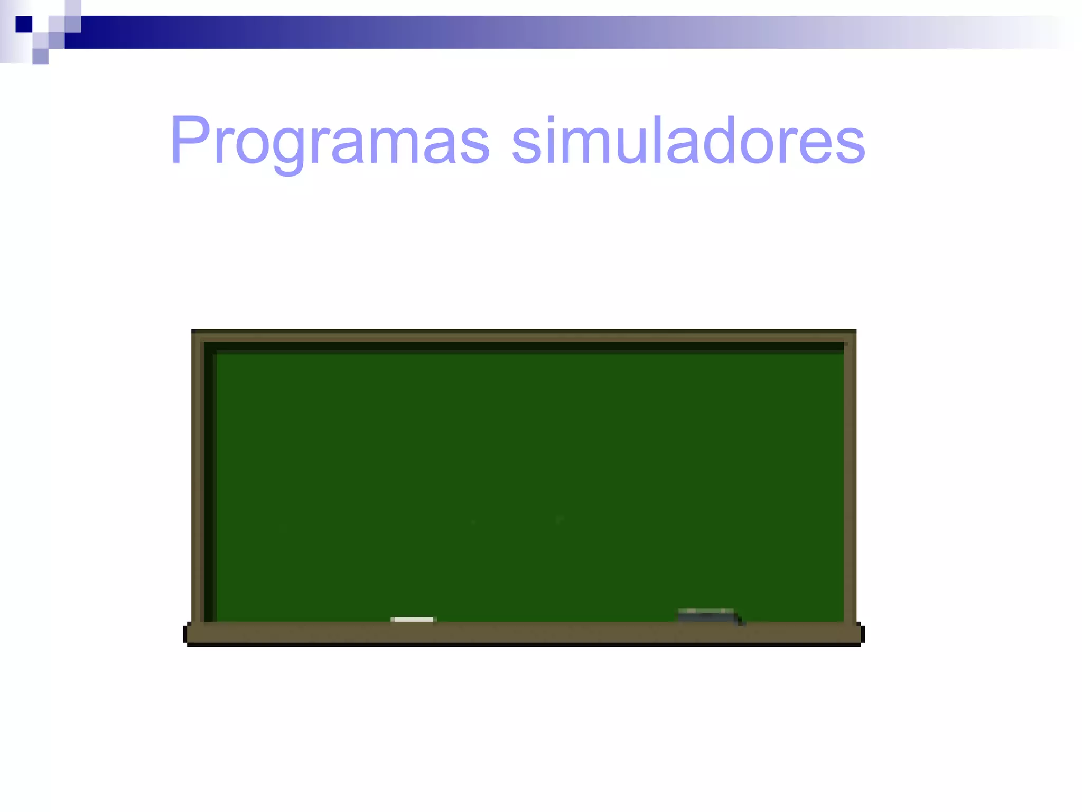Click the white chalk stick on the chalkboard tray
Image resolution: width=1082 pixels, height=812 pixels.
[413, 620]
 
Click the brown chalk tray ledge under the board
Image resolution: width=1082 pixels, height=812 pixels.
[523, 633]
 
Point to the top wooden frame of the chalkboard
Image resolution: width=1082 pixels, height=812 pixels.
[523, 335]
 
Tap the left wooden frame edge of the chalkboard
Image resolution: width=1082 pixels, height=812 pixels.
[198, 476]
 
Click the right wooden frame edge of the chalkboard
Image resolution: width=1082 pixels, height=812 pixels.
[850, 476]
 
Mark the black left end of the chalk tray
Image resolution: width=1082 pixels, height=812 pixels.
[185, 634]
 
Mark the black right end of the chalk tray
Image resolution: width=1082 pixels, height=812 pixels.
[862, 634]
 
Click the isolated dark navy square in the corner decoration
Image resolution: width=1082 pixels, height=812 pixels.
[24, 24]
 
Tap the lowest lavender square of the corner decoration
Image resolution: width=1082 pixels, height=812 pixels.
[40, 57]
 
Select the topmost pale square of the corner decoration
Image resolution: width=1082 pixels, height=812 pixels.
[73, 8]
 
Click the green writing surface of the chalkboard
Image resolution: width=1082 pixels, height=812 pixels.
[528, 476]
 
